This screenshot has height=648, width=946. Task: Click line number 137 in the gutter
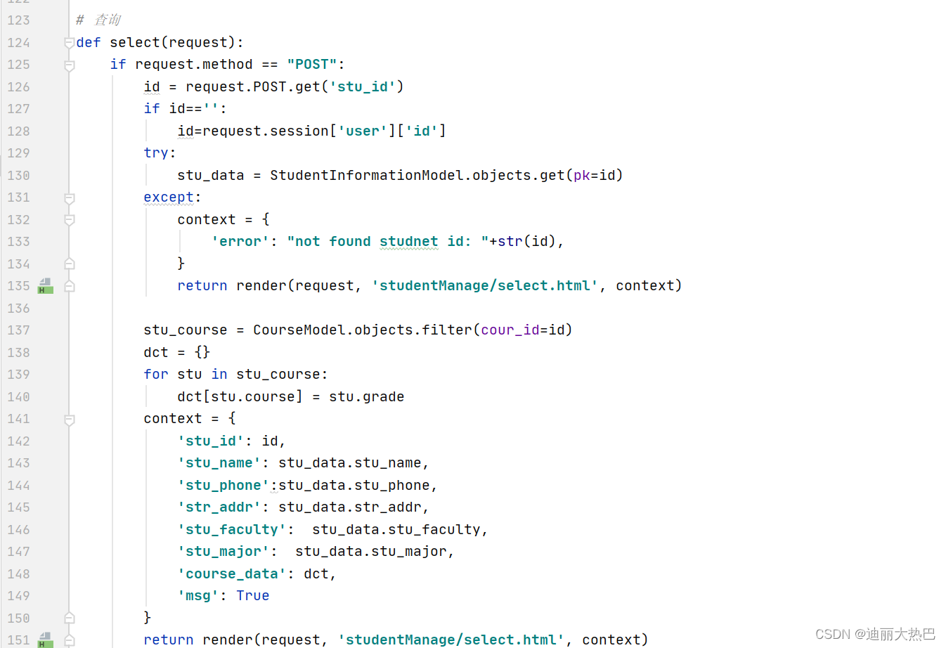tap(19, 330)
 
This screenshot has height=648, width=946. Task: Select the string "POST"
tap(312, 65)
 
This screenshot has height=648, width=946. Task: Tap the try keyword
tap(156, 153)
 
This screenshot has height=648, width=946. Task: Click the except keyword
tap(169, 197)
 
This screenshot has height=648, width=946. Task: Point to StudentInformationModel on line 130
tap(367, 176)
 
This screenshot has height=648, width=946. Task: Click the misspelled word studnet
tap(408, 242)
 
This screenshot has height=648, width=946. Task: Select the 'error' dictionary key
tap(240, 242)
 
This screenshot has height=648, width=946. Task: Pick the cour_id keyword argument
tap(510, 330)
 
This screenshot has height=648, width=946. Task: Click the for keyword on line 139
tap(156, 375)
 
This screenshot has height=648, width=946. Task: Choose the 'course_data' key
tap(232, 574)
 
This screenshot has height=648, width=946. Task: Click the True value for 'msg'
tap(252, 596)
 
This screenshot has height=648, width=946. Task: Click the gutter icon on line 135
tap(45, 286)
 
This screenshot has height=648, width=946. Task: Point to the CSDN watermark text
tap(875, 634)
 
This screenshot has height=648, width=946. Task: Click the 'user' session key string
tap(363, 131)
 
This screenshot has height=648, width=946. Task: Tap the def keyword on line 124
tap(89, 43)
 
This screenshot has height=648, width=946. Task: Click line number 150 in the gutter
tap(19, 618)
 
